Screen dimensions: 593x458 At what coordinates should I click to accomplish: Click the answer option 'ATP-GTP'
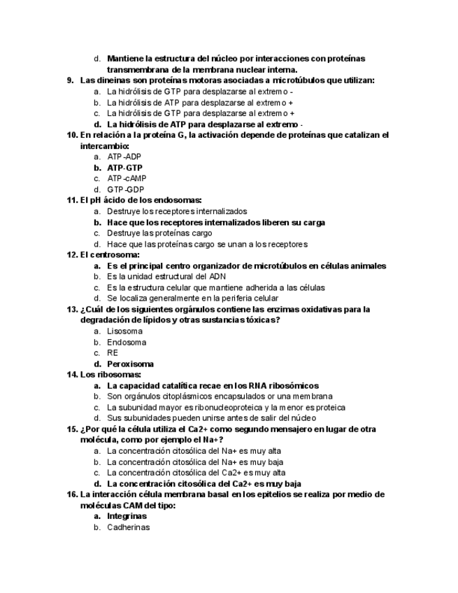click(124, 168)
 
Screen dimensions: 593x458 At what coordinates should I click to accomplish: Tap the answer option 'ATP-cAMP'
click(127, 178)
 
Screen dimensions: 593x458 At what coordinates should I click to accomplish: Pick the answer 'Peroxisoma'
click(130, 364)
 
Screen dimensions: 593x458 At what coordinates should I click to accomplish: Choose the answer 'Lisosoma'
click(124, 331)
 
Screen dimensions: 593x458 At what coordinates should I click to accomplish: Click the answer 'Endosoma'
click(127, 343)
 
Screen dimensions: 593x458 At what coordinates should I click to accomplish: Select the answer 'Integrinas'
click(127, 516)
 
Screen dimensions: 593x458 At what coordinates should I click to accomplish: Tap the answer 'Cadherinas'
click(129, 527)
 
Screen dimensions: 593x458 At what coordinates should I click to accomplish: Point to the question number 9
click(71, 80)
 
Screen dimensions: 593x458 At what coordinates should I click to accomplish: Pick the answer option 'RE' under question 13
click(113, 353)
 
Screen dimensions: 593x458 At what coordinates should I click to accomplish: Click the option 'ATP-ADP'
click(124, 157)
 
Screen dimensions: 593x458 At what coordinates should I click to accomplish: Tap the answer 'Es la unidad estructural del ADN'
click(166, 276)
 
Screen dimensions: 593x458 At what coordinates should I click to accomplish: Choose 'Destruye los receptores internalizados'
click(177, 211)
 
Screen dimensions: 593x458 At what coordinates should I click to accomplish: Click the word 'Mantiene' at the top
click(126, 59)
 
